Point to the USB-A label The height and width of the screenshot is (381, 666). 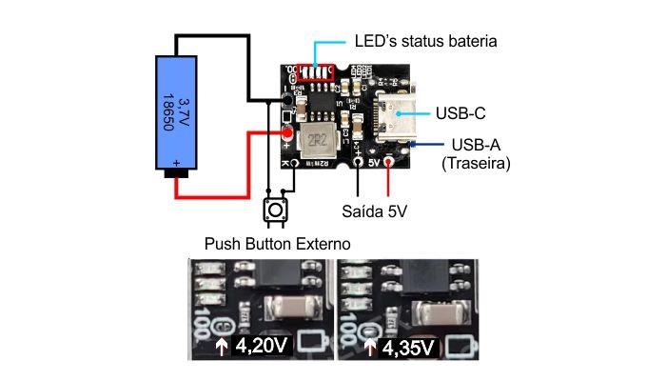(x=477, y=145)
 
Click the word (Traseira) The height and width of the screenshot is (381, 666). (x=477, y=164)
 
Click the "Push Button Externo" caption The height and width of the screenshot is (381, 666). (x=278, y=244)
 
